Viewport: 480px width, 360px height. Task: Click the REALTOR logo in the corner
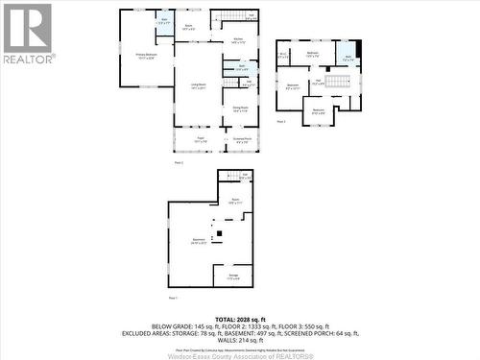click(x=28, y=34)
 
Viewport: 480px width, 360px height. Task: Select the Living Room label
click(x=199, y=87)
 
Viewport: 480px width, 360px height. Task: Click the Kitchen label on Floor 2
click(x=238, y=40)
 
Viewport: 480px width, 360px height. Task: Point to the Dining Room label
click(x=241, y=108)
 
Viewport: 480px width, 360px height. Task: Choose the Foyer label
click(x=202, y=141)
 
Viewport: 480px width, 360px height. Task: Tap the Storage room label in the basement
click(x=233, y=276)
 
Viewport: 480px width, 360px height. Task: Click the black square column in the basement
click(x=217, y=232)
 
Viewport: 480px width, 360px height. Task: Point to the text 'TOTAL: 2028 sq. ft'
click(x=240, y=318)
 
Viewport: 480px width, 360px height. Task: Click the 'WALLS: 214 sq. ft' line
click(x=240, y=340)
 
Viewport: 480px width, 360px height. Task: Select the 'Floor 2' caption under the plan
click(x=179, y=163)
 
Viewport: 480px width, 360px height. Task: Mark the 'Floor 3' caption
click(x=281, y=123)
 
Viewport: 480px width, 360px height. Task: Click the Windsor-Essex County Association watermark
click(x=240, y=354)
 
